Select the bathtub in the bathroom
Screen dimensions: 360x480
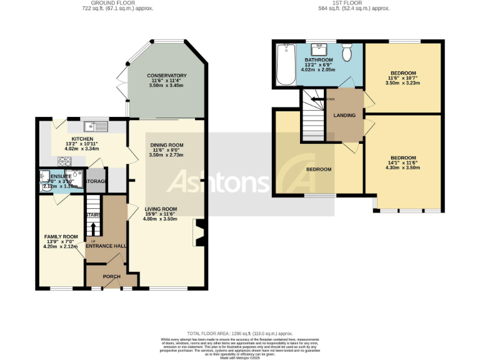click(285, 65)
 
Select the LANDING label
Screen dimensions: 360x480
click(344, 115)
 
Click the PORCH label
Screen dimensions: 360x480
click(111, 276)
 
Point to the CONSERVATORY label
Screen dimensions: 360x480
click(167, 76)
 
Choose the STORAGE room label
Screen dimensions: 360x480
click(96, 181)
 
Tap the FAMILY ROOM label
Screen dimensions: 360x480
click(61, 236)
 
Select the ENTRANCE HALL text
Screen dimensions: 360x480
click(106, 246)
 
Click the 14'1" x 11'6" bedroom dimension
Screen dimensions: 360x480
click(403, 163)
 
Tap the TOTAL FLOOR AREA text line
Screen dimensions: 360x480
click(240, 334)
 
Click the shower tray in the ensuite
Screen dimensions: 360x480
click(74, 176)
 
